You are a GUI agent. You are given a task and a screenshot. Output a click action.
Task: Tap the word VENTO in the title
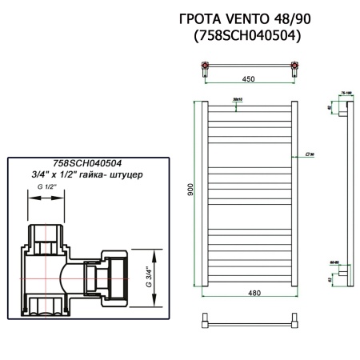(x=245, y=18)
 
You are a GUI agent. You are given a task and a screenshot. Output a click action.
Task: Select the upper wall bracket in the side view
(x=342, y=106)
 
